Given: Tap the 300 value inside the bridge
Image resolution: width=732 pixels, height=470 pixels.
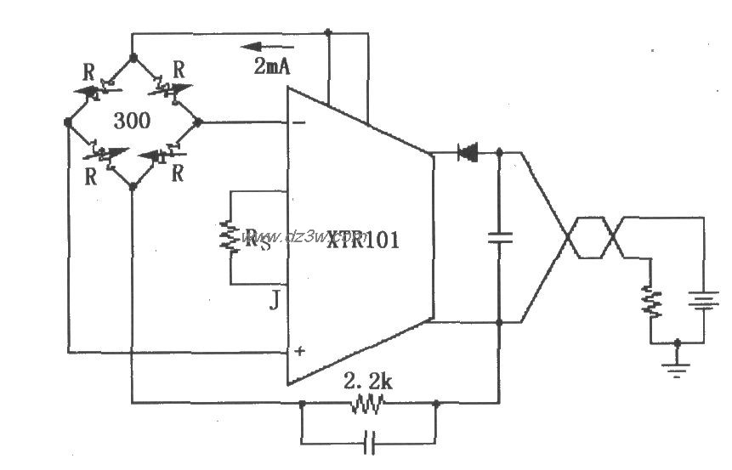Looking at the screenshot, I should pos(132,121).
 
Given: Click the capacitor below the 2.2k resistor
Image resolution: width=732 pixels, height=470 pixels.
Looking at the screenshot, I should pos(367,442).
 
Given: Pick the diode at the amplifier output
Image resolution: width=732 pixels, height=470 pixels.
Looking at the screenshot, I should pos(467,153).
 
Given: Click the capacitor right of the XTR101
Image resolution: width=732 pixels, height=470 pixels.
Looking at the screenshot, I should pos(499,238).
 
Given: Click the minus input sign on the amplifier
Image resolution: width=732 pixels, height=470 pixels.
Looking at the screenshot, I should pos(298,123).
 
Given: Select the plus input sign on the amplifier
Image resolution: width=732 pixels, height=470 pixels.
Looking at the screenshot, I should pos(298,350).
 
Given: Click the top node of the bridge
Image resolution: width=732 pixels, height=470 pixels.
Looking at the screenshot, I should pos(132,58).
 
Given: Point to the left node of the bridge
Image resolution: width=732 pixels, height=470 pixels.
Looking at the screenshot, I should pos(68,122).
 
